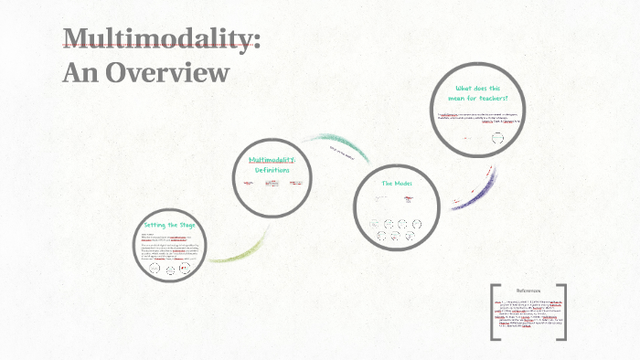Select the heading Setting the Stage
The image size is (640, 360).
coord(168,225)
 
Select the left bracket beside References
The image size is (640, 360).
coord(495,312)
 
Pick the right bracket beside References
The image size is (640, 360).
coord(561,312)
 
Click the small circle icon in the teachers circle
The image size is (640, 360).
coord(497,139)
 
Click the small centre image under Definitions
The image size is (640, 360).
coord(272,184)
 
